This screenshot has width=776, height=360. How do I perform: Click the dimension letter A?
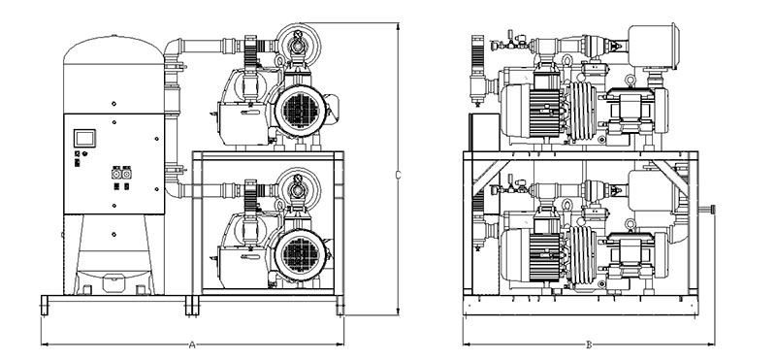click(x=192, y=344)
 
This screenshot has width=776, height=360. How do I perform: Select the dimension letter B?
click(x=589, y=344)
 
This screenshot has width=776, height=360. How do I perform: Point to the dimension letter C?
click(x=398, y=175)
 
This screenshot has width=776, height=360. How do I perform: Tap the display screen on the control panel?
click(x=84, y=138)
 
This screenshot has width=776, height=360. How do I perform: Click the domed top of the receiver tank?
click(x=113, y=49)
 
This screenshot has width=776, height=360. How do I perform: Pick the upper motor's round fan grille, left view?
click(x=301, y=111)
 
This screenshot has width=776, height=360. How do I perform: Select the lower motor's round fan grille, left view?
click(x=301, y=254)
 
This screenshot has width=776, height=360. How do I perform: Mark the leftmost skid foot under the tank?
click(x=45, y=305)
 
